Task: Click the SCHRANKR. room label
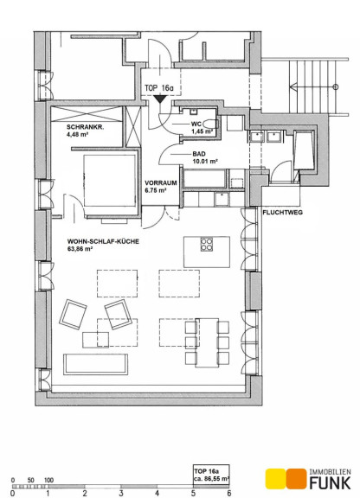coord(85,127)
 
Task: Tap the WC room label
coord(196,124)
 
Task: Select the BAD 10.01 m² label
coord(205,157)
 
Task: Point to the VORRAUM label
coord(161,183)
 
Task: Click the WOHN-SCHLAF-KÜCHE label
coord(103,241)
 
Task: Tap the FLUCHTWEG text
coord(282,213)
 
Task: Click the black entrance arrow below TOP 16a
coord(159,99)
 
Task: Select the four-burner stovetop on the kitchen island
coord(207,244)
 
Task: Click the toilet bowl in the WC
coord(210,124)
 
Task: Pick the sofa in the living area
coord(96,364)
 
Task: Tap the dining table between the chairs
coord(207,342)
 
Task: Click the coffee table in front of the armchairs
coord(95,340)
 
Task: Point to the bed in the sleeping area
coord(110,180)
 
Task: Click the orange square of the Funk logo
coord(297,479)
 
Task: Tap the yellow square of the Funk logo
coord(276,479)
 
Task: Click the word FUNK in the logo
coord(331,482)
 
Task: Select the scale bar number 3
coord(121,493)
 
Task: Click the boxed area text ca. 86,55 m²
coord(211,478)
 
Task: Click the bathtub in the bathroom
coord(205,178)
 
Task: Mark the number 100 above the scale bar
coord(48,480)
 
